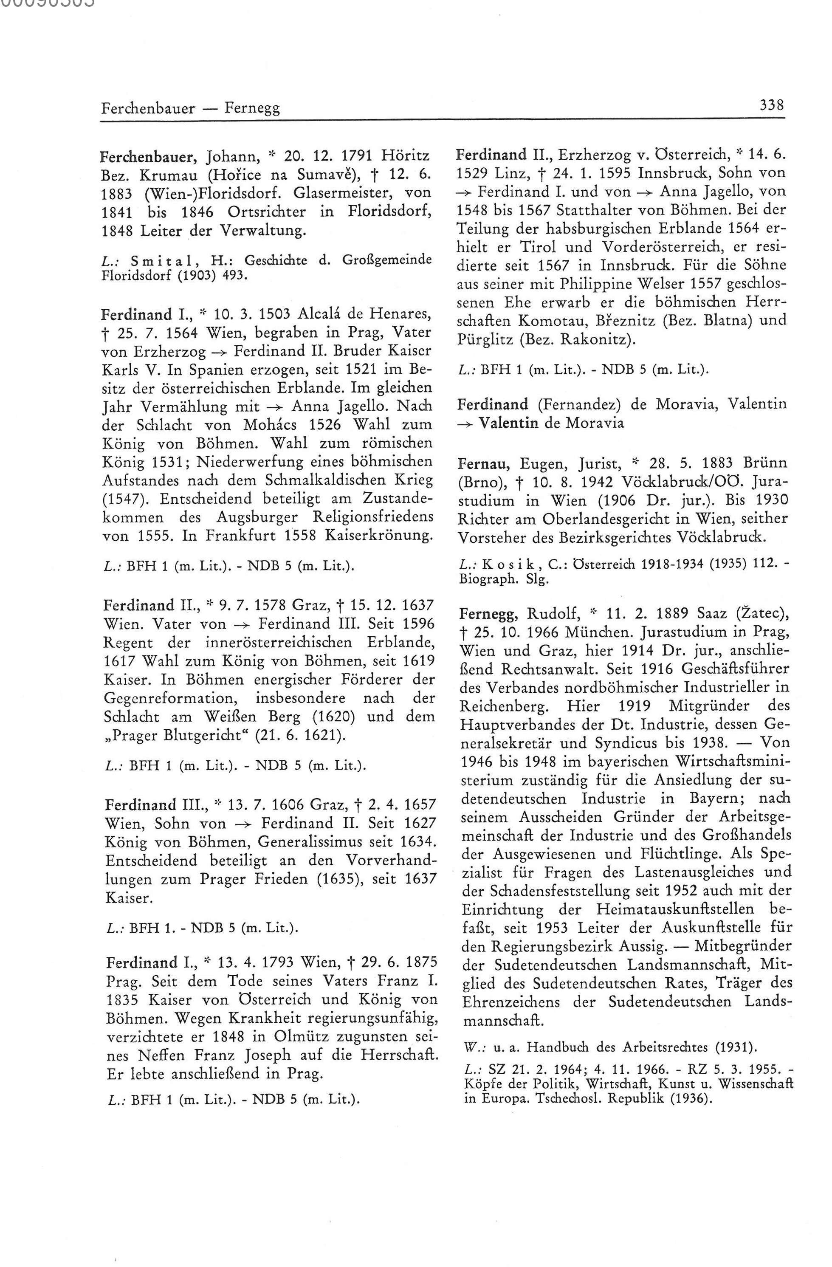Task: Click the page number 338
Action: [772, 104]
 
